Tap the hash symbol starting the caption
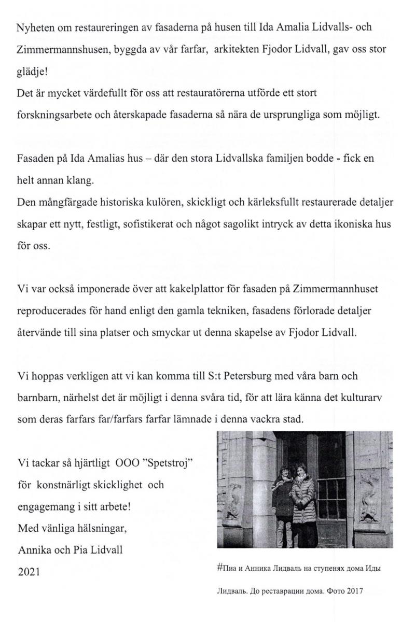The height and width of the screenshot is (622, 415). tap(219, 568)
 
